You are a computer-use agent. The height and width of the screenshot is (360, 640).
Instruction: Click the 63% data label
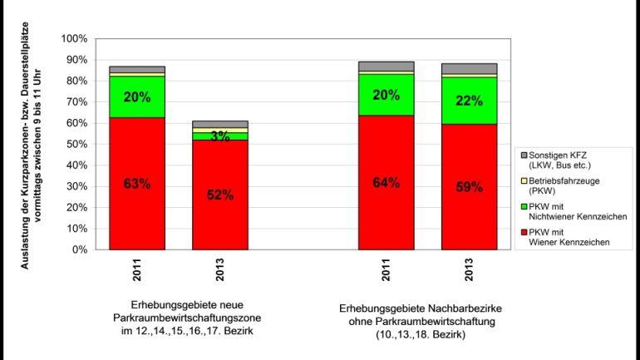click(136, 185)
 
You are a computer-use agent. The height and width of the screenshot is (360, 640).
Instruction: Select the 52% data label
click(220, 195)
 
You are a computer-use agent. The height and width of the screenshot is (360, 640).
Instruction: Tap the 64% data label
click(386, 184)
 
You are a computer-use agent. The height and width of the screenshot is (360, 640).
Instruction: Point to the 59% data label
click(470, 188)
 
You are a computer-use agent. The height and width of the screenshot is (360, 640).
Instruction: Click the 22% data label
click(470, 101)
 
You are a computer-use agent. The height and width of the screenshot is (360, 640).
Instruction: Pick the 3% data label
click(220, 136)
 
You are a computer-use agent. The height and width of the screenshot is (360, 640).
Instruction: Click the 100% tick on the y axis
click(74, 39)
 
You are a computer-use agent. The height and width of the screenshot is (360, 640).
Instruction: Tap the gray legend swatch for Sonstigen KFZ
click(523, 155)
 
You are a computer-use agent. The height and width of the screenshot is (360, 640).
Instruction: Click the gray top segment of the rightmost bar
click(470, 69)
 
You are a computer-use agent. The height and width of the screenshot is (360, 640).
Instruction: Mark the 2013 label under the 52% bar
click(221, 272)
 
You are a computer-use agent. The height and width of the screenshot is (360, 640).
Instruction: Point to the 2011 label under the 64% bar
click(386, 272)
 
